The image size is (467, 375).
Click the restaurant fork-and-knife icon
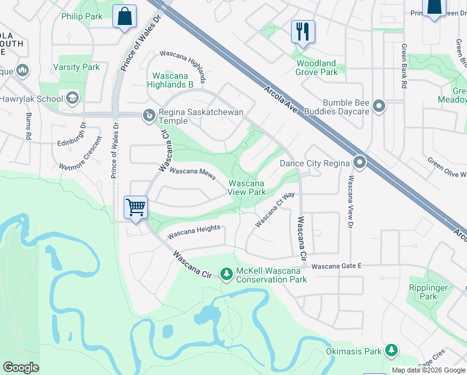(x=303, y=31)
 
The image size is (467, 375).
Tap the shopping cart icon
(x=135, y=207)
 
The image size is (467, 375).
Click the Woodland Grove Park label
(x=317, y=67)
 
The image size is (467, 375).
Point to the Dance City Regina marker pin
(x=360, y=163)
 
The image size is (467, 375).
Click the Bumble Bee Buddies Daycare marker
(x=379, y=107)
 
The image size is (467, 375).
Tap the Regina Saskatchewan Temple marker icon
(x=149, y=115)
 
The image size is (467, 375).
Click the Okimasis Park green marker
(x=391, y=351)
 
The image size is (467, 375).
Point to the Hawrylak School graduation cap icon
(x=73, y=98)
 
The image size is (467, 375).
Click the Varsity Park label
(x=76, y=67)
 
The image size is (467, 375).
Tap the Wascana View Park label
(x=247, y=187)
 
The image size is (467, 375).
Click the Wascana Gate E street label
(x=337, y=266)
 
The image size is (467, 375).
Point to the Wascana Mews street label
(x=192, y=171)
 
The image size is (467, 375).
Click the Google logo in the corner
(x=21, y=367)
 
